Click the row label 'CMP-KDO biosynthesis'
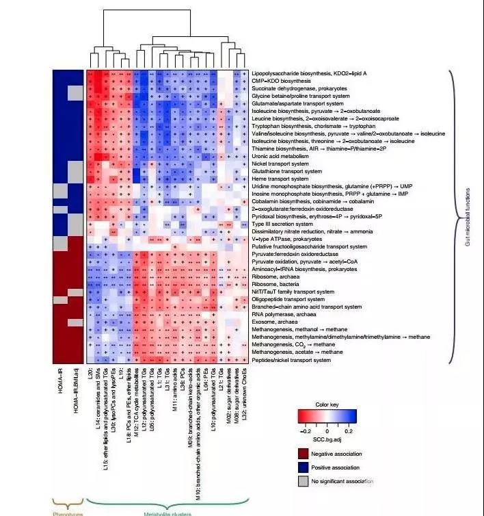[280, 81]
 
